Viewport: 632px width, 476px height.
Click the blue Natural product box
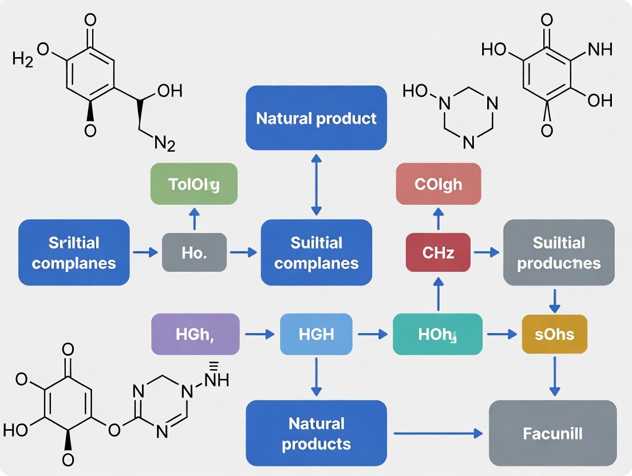tap(316, 118)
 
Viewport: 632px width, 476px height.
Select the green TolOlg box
tap(193, 184)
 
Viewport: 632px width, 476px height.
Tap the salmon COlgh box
tap(438, 184)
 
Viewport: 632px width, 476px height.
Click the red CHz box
tap(438, 252)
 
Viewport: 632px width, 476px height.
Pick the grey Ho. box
tap(194, 252)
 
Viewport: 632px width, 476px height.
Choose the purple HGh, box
tap(195, 334)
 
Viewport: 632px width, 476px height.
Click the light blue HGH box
tap(316, 334)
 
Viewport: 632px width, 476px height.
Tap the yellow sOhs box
tap(554, 334)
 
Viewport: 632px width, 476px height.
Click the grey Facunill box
tap(552, 433)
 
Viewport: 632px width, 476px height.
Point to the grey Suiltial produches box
tap(559, 252)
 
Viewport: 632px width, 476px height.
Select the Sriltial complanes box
tap(74, 252)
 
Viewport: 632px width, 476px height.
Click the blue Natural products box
tap(316, 433)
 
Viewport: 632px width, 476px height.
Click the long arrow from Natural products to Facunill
tap(438, 434)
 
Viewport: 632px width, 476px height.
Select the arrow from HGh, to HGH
tap(259, 334)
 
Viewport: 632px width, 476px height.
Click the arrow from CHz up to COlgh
tap(438, 219)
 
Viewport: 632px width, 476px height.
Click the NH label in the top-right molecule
tap(599, 50)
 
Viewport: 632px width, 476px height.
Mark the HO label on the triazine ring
tap(415, 91)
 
